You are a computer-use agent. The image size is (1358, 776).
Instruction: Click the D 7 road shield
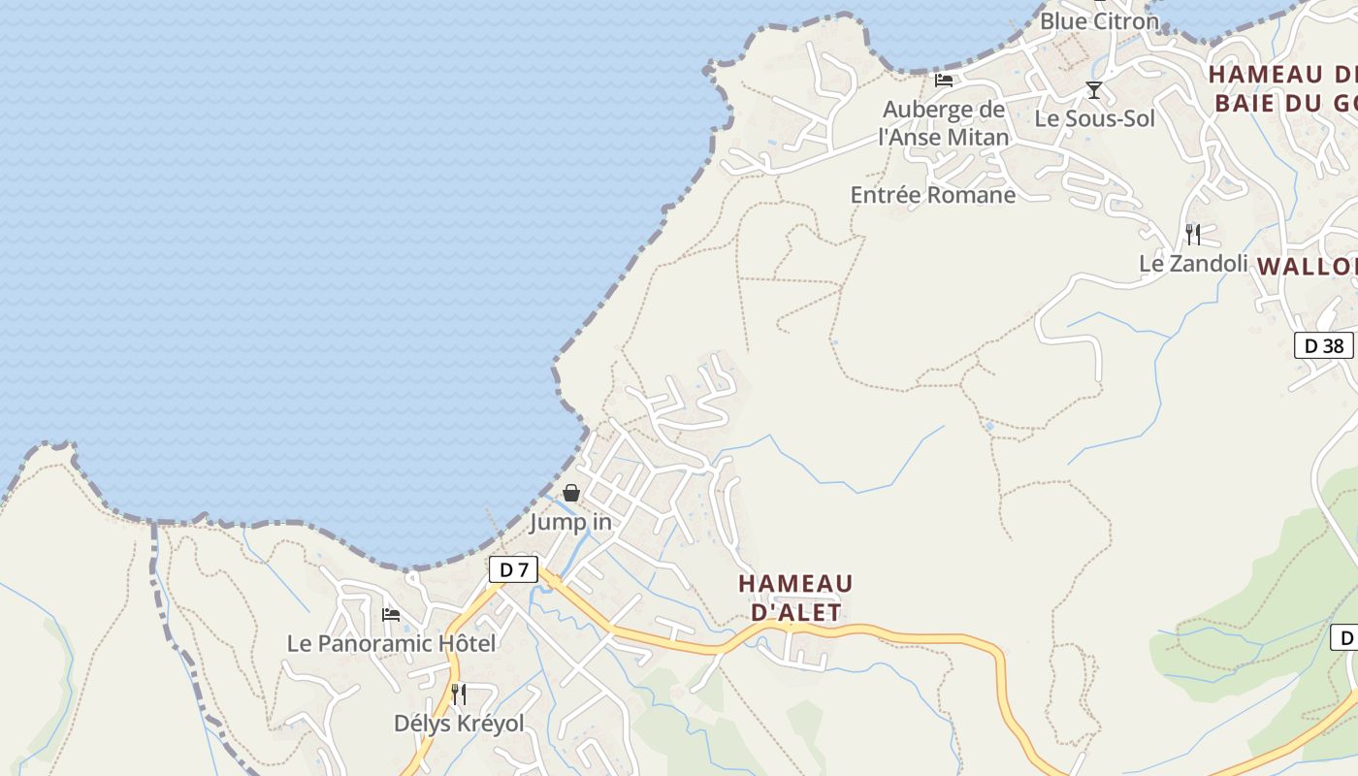click(512, 569)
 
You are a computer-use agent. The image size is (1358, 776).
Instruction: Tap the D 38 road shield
click(1323, 345)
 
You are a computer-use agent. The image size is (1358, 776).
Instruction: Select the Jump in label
click(570, 522)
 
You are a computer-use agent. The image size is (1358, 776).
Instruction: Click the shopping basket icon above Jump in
click(571, 493)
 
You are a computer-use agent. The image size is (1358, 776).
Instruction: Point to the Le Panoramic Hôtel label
click(391, 643)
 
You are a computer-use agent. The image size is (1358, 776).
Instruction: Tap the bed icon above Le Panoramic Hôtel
click(391, 614)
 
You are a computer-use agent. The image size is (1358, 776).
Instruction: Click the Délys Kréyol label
click(459, 723)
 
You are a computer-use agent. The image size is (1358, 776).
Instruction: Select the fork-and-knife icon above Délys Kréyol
click(459, 694)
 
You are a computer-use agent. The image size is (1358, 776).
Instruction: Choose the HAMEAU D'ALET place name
click(795, 598)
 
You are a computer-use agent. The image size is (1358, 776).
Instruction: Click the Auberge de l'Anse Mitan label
click(943, 123)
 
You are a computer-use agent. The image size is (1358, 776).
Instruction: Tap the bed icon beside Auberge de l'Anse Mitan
click(944, 80)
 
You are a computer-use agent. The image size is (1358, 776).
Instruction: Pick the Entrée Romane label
click(933, 195)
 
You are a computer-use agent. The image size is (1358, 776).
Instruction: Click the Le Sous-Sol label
click(1095, 118)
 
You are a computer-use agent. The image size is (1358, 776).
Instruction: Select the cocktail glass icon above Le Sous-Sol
click(1094, 90)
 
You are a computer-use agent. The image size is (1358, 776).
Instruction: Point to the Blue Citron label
click(1099, 20)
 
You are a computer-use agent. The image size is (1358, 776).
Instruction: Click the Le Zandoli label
click(1193, 263)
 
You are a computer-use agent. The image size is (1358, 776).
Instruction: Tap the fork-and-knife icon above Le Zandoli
click(1193, 234)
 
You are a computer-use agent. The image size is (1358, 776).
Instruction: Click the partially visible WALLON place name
click(1308, 266)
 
